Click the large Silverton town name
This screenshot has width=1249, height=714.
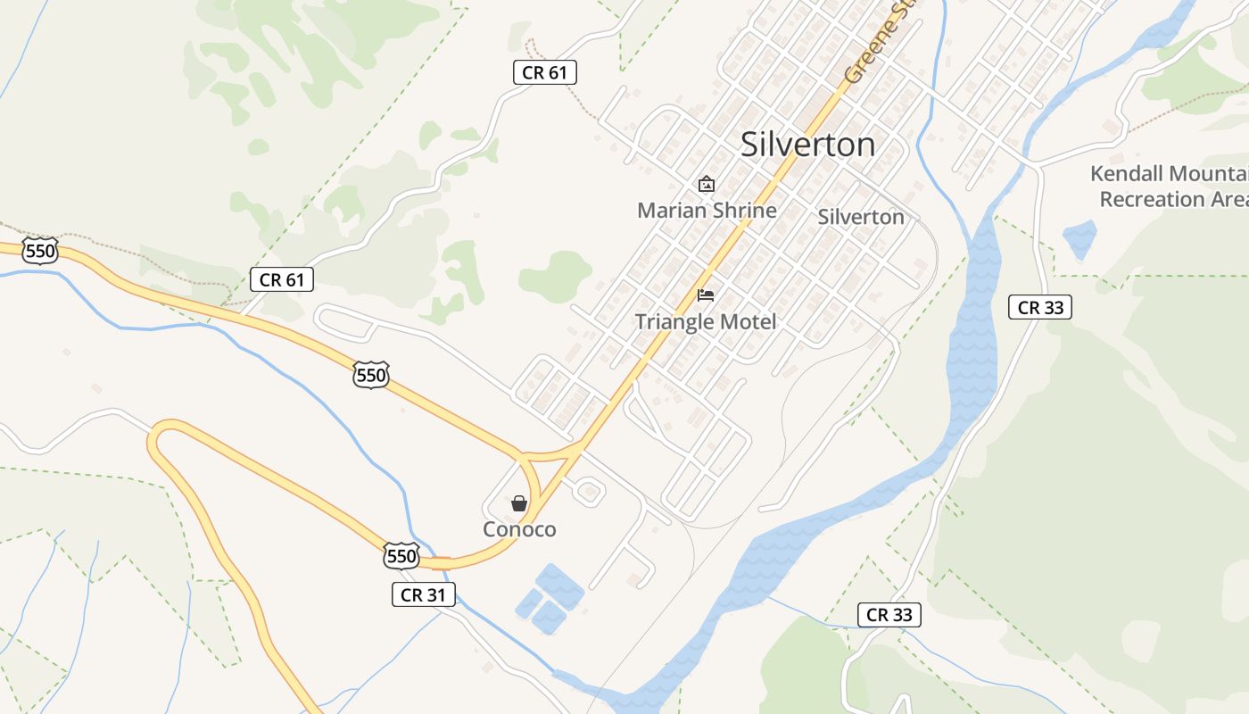tap(807, 145)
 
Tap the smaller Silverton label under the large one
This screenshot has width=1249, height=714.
tap(861, 217)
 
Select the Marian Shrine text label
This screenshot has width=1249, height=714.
tap(707, 211)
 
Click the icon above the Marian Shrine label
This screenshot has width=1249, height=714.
tap(707, 185)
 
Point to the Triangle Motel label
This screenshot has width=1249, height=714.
tap(706, 321)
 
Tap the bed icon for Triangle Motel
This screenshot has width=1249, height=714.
tap(706, 295)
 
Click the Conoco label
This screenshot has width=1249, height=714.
tap(519, 529)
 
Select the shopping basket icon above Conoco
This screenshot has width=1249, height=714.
tap(519, 504)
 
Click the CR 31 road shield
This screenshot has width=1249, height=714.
tap(424, 594)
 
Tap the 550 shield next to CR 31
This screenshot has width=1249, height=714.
tap(401, 556)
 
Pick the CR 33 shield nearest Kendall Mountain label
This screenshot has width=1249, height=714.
tap(1040, 308)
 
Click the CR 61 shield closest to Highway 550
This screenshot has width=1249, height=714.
tap(282, 279)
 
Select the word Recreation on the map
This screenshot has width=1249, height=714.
tap(1151, 199)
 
